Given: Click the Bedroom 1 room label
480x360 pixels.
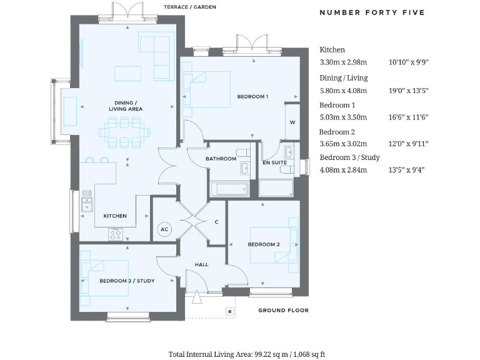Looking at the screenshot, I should (x=252, y=96).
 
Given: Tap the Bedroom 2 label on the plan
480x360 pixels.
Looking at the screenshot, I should (x=263, y=244).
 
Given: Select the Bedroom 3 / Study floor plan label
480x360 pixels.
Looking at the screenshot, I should (x=127, y=281).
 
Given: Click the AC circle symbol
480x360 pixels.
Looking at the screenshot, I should (x=164, y=229).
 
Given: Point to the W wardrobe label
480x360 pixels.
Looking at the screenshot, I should (x=292, y=122).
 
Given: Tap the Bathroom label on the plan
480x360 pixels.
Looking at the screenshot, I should (x=221, y=159).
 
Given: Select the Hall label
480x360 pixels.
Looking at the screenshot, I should (x=201, y=264).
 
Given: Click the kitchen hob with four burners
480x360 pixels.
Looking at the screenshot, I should (x=116, y=234).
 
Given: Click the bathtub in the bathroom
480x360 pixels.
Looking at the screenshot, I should (x=229, y=189).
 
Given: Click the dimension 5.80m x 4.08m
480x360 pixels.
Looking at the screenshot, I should (x=342, y=90).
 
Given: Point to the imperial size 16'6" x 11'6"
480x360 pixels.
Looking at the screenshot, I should (x=408, y=117).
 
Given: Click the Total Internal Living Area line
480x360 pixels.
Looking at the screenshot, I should (x=246, y=354).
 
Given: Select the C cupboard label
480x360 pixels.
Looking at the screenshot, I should (x=216, y=222).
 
